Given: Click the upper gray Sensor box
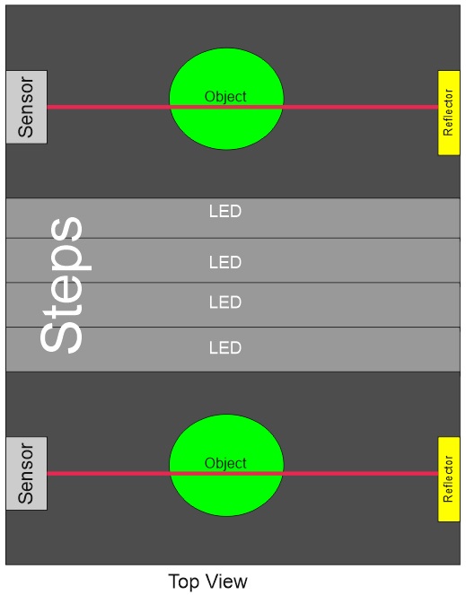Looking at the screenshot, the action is (x=27, y=107).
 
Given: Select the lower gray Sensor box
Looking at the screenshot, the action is (x=27, y=474).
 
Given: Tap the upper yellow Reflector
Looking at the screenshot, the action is (x=449, y=113).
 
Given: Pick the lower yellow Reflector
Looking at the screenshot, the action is (x=449, y=479).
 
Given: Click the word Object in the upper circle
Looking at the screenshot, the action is (x=225, y=97).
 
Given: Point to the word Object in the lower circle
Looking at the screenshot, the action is (x=225, y=464).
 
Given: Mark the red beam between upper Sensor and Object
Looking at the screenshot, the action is (x=109, y=107).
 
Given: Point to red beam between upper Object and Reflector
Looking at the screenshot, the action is (x=360, y=107).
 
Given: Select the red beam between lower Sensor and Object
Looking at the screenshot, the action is (x=109, y=474).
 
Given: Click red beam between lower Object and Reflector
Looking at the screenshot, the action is (x=360, y=474).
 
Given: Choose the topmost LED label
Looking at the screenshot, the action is (x=225, y=212).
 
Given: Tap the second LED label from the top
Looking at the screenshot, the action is (x=225, y=263).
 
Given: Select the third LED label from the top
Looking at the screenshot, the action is (x=225, y=302).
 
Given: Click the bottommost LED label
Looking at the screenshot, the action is (x=225, y=348).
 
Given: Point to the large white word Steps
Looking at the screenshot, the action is (x=65, y=284).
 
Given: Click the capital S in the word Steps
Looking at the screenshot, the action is (x=61, y=334).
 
